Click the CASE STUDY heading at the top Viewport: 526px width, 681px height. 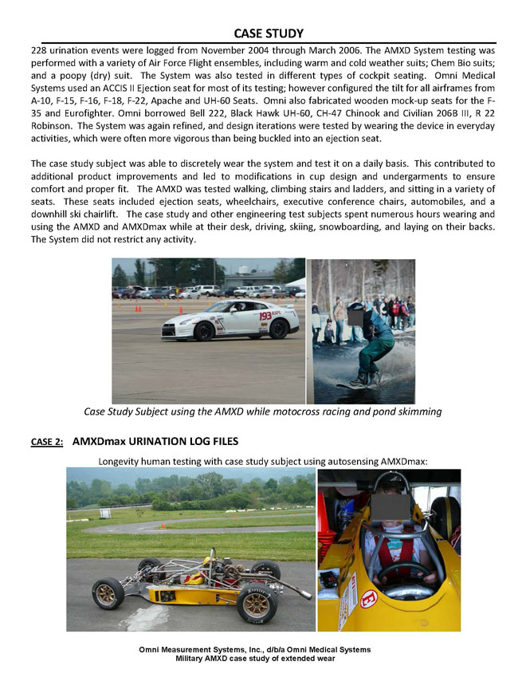click(x=269, y=33)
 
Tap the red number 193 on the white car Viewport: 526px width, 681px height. click(x=266, y=316)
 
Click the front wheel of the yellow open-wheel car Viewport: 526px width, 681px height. click(x=108, y=594)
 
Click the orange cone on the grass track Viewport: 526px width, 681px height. click(x=163, y=526)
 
